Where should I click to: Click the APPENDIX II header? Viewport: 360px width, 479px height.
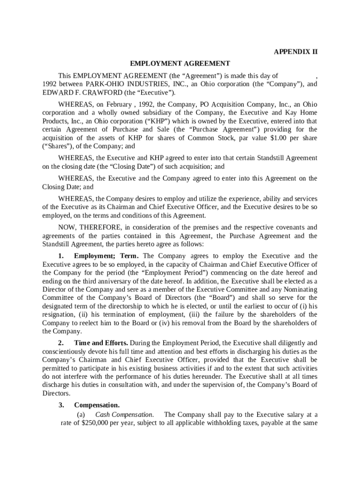(x=295, y=52)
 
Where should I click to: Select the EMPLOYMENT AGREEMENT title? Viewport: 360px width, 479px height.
(x=180, y=64)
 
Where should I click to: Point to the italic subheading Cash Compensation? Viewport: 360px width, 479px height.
(x=124, y=415)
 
